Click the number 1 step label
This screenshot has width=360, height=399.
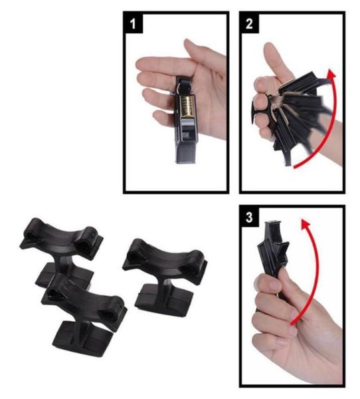(133, 23)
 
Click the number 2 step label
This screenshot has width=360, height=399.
(249, 23)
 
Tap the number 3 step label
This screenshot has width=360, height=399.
(249, 217)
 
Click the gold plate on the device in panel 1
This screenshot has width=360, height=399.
(186, 105)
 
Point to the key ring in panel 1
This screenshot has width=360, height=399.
(182, 86)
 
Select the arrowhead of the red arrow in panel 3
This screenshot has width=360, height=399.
(306, 224)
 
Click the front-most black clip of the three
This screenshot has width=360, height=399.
(84, 313)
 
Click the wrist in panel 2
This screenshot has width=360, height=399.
(331, 142)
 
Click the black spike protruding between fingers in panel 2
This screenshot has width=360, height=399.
(255, 112)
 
